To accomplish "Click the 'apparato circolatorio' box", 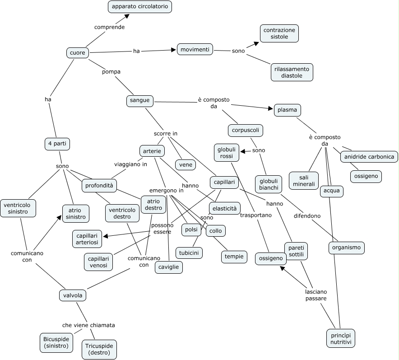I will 140,7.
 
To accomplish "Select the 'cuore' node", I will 78,53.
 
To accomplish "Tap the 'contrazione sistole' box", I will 279,33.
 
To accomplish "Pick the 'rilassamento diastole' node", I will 292,72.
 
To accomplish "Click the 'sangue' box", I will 140,100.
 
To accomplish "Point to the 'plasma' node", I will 287,110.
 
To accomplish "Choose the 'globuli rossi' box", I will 227,153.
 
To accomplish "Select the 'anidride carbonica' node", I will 369,157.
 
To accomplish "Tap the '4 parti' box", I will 57,144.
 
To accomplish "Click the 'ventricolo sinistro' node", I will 18,208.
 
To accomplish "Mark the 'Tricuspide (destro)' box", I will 99,349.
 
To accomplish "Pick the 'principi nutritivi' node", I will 340,338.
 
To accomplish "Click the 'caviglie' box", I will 168,267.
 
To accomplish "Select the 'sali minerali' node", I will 303,181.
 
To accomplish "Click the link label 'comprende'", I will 109,27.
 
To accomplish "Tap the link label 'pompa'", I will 111,71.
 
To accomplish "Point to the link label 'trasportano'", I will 256,215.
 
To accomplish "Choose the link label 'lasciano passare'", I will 316,295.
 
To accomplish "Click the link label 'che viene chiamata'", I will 88,325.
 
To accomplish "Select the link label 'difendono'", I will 307,216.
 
